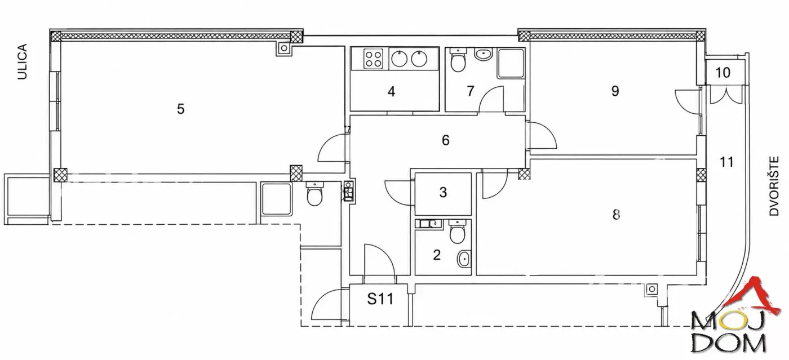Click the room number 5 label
(x=181, y=109)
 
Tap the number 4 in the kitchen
(x=391, y=92)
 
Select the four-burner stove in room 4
(x=373, y=59)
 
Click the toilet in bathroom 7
(x=458, y=60)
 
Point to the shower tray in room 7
(x=511, y=64)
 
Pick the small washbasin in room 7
(x=484, y=54)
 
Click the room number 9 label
(x=615, y=91)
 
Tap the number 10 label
(x=722, y=73)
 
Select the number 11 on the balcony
(x=726, y=162)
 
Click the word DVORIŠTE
(x=774, y=186)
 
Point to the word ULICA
(x=22, y=61)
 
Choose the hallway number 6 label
(x=446, y=140)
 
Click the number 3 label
(x=443, y=192)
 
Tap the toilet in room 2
(x=457, y=232)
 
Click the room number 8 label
(x=616, y=215)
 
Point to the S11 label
(x=380, y=299)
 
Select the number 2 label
(x=437, y=255)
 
